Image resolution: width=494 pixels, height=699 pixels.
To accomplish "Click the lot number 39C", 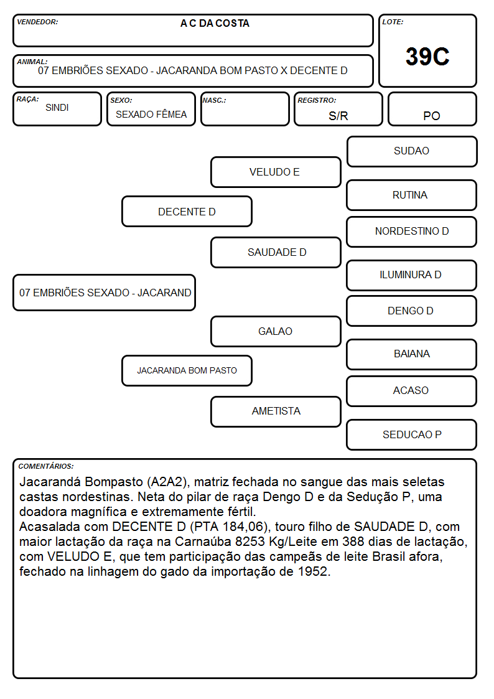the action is point(427,57).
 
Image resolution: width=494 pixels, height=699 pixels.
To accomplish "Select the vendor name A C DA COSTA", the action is point(215,24).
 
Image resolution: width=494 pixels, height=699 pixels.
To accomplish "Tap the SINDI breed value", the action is point(57,108).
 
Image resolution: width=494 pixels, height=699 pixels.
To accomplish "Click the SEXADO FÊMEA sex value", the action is point(151,114).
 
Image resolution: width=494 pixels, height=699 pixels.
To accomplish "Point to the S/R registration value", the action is point(338,116).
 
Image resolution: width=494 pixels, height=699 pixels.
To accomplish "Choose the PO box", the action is point(432,109).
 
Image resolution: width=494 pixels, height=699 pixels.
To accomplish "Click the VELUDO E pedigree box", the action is point(276,172).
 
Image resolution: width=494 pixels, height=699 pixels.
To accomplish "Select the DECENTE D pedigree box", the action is point(187,211).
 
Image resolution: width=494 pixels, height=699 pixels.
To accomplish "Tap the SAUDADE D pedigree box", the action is point(276,252).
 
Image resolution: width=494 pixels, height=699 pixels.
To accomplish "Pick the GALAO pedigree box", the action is point(276,331).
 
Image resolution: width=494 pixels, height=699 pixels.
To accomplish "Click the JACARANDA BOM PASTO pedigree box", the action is point(187,370).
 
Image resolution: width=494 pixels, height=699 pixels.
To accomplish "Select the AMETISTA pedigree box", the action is point(276,411).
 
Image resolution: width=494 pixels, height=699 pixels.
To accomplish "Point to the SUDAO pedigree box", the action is point(412,152).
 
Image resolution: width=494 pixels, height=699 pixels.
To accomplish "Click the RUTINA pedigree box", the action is point(412,195).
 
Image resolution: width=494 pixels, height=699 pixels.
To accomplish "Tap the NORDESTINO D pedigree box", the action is point(412,232).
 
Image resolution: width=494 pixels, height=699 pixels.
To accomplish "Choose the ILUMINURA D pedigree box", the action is point(412,275).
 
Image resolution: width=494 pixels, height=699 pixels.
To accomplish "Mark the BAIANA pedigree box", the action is point(412,354).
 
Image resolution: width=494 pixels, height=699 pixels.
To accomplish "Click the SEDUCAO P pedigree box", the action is point(412,434).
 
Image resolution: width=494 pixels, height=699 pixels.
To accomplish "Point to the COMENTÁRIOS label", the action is point(46,466).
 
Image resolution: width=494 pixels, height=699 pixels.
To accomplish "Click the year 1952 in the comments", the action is point(313,571).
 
